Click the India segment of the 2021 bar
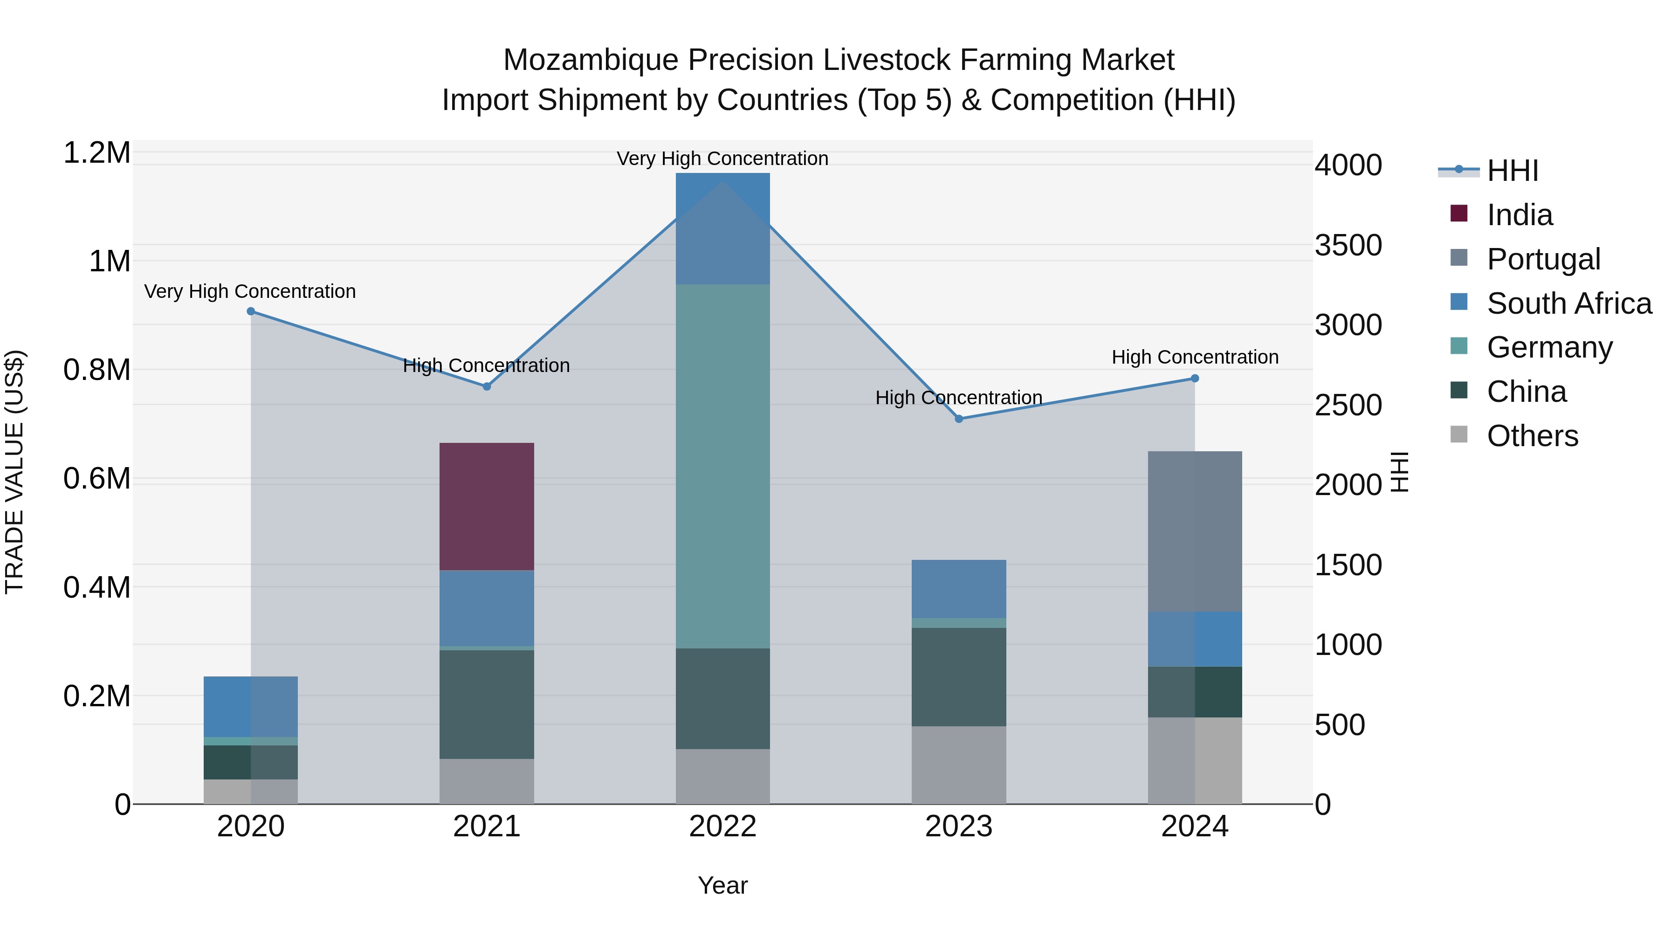click(x=487, y=506)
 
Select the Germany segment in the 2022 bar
click(x=722, y=466)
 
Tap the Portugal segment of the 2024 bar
click(x=1195, y=531)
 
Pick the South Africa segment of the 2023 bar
click(x=958, y=588)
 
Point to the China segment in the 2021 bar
click(x=487, y=703)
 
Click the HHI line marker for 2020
click(x=251, y=311)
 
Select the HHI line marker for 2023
click(x=958, y=419)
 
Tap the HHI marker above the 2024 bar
click(x=1195, y=379)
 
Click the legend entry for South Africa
click(x=1568, y=303)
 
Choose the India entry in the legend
click(x=1519, y=215)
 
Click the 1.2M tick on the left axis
click(x=96, y=153)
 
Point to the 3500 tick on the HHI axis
click(x=1348, y=246)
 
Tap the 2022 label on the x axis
click(x=722, y=827)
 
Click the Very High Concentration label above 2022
click(x=722, y=158)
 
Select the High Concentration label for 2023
click(x=958, y=397)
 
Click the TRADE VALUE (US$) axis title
click(x=14, y=472)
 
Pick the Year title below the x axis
click(x=722, y=885)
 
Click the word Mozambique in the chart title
click(x=591, y=60)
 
